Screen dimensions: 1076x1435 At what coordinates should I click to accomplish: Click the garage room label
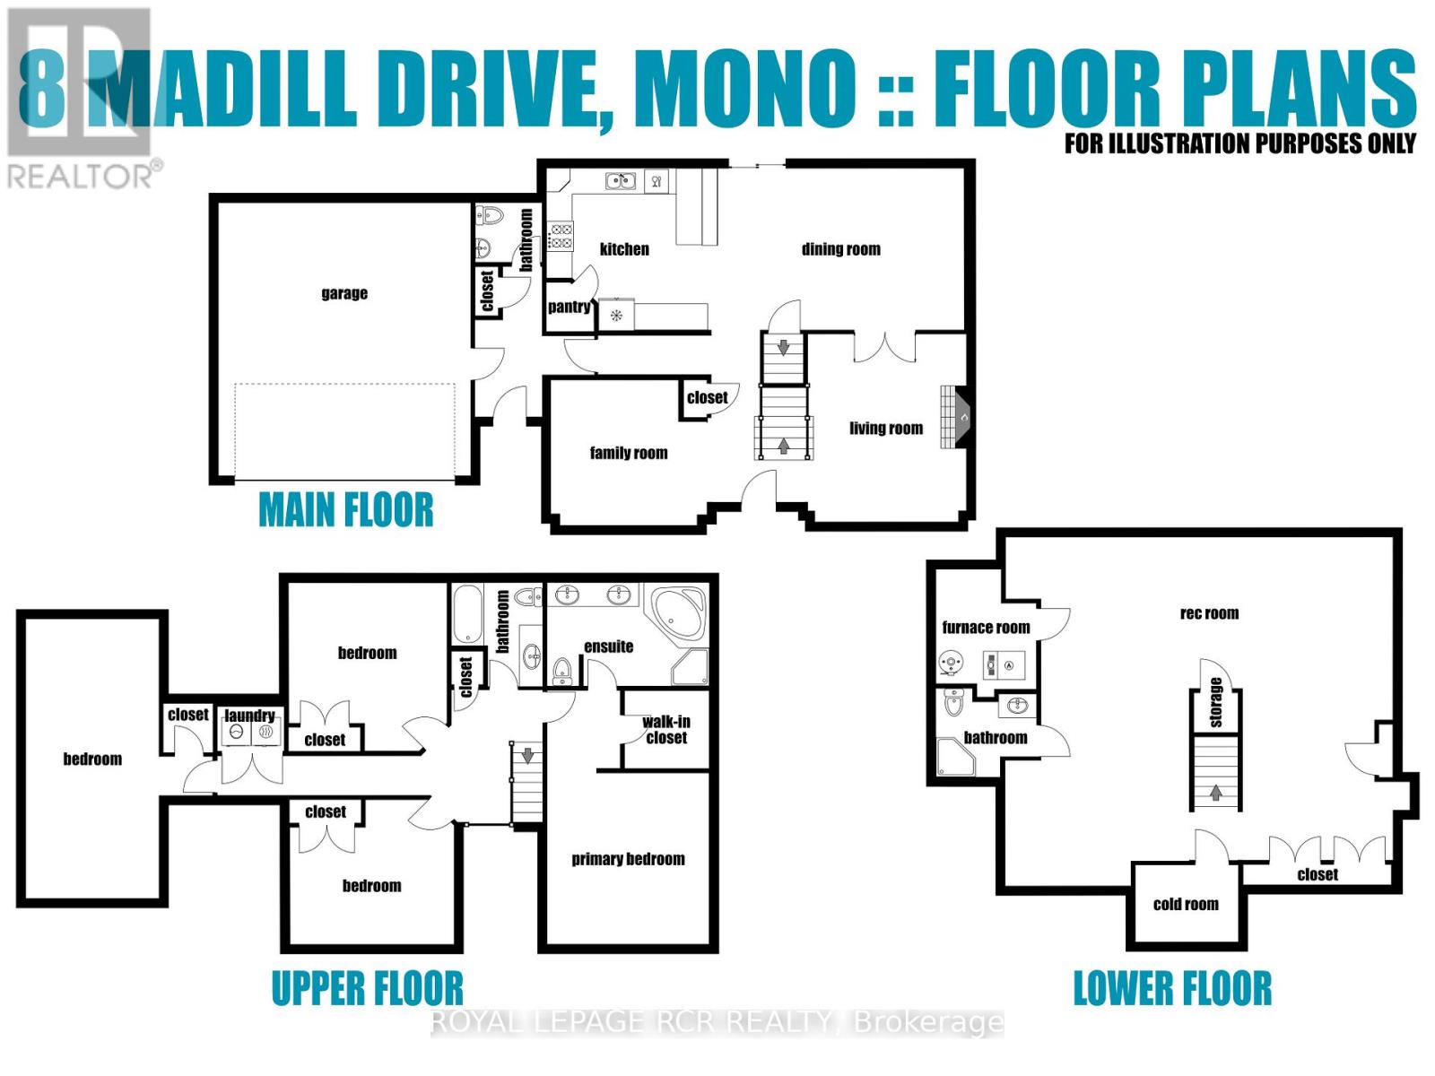pyautogui.click(x=344, y=293)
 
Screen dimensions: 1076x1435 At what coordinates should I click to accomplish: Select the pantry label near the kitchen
pyautogui.click(x=569, y=307)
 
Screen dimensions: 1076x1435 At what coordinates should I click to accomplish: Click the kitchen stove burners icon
pyautogui.click(x=561, y=237)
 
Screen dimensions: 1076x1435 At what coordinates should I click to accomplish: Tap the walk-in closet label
pyautogui.click(x=666, y=730)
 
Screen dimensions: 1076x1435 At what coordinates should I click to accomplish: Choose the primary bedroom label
pyautogui.click(x=628, y=859)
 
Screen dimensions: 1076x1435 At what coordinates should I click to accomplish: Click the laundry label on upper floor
pyautogui.click(x=249, y=715)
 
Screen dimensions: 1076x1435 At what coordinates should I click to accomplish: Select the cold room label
pyautogui.click(x=1186, y=904)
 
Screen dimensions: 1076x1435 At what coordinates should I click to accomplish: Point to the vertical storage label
pyautogui.click(x=1215, y=702)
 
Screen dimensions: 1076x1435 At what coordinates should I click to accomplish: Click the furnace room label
pyautogui.click(x=986, y=628)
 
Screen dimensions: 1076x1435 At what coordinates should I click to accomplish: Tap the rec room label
pyautogui.click(x=1209, y=613)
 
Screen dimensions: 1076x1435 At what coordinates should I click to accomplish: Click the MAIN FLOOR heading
pyautogui.click(x=345, y=510)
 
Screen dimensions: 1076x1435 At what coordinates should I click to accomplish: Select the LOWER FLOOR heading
pyautogui.click(x=1172, y=988)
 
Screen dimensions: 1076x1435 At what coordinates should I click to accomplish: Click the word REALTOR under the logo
pyautogui.click(x=81, y=175)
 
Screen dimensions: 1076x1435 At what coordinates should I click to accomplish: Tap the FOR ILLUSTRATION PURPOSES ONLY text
pyautogui.click(x=1239, y=143)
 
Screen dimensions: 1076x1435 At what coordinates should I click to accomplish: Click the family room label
pyautogui.click(x=628, y=453)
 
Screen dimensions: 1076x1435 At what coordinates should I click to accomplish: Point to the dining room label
pyautogui.click(x=840, y=249)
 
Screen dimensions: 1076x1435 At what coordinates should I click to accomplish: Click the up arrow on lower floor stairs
pyautogui.click(x=1215, y=792)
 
